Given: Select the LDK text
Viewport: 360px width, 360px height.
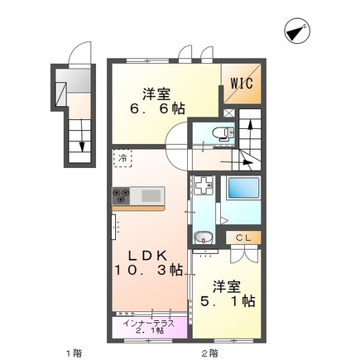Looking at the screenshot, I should (x=150, y=254).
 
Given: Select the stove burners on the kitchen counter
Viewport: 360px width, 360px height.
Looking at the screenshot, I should (x=122, y=196).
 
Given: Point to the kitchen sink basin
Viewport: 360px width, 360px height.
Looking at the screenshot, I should (x=151, y=196).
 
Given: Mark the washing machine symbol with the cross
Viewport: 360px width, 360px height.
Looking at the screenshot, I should (x=202, y=188).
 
